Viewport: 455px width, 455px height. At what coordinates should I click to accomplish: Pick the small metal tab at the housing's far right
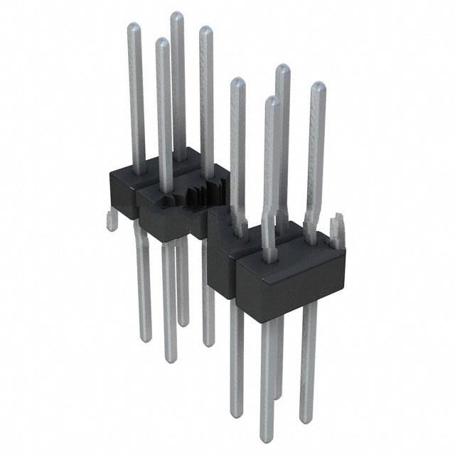(x=340, y=227)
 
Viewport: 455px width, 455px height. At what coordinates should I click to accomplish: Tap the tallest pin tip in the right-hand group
(x=282, y=69)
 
